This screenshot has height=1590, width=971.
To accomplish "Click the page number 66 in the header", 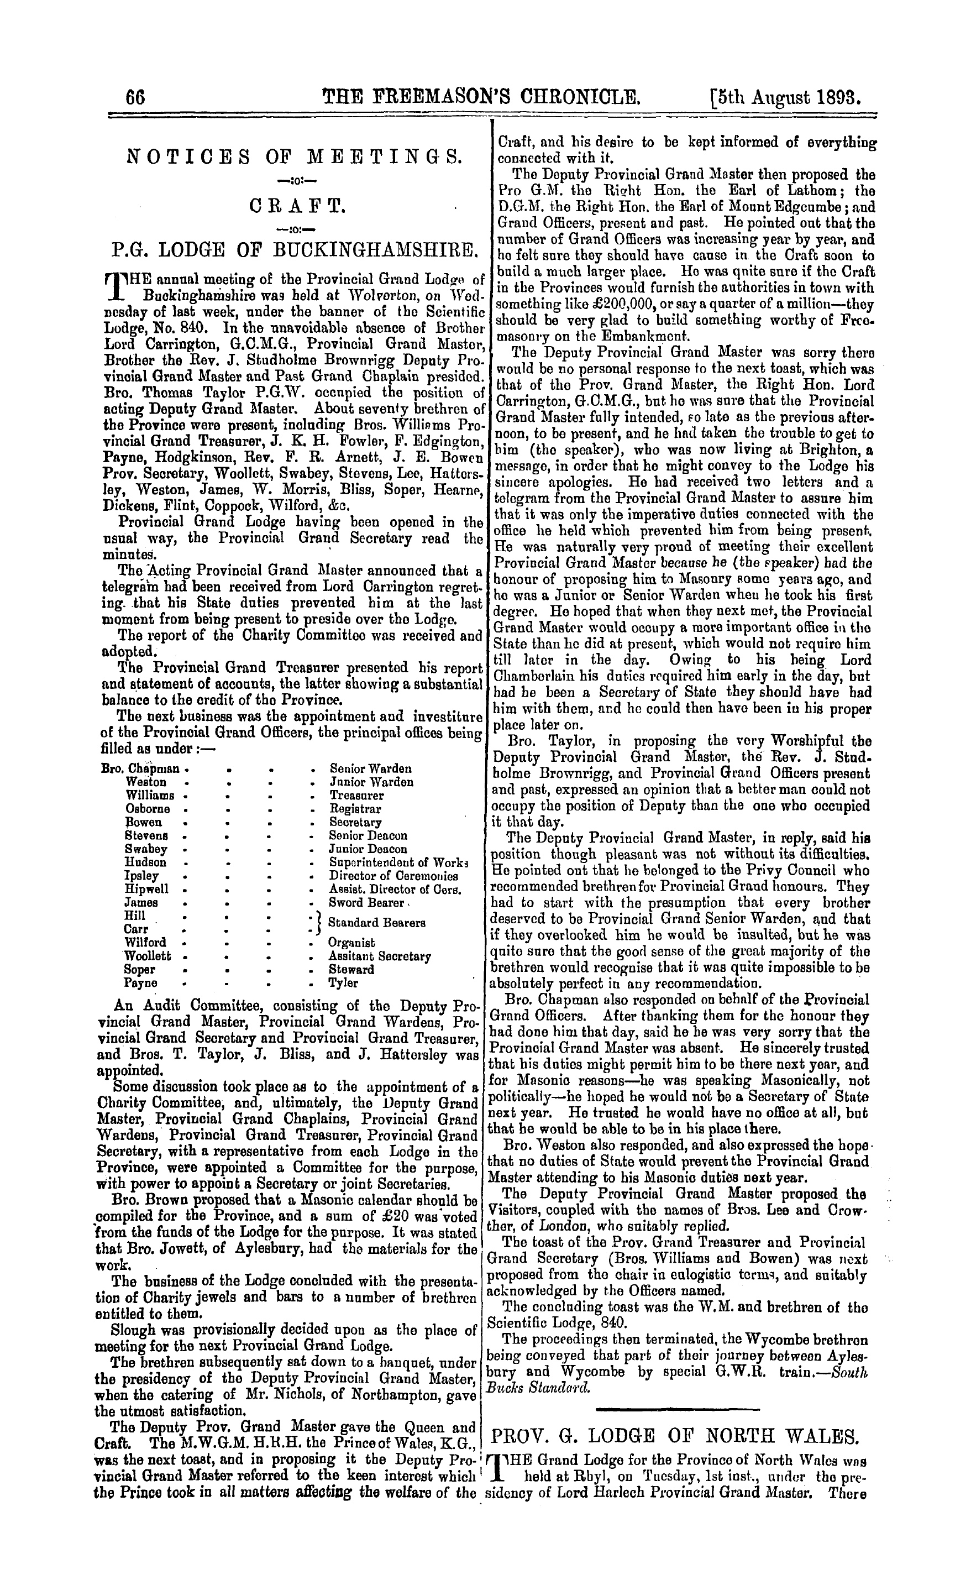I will (x=135, y=97).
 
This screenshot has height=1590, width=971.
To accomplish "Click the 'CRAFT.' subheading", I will (x=294, y=207).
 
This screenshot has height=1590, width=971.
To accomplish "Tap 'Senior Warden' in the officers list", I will (x=371, y=769).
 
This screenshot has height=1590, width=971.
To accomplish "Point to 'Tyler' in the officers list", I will (x=343, y=984).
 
